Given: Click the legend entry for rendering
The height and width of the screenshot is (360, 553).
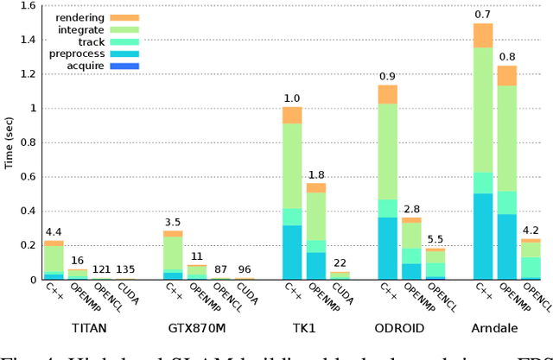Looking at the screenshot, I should pyautogui.click(x=104, y=16).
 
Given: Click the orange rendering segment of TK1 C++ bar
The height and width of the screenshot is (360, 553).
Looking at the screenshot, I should pyautogui.click(x=293, y=115).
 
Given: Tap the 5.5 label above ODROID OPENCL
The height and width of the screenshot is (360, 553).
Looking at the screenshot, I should pyautogui.click(x=435, y=239).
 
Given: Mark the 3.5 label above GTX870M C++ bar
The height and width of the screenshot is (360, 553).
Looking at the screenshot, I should pyautogui.click(x=174, y=222).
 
